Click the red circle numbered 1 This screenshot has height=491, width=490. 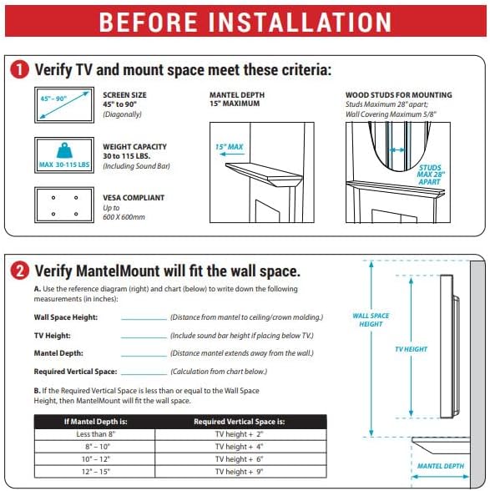19,69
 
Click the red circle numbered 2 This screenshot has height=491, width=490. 19,271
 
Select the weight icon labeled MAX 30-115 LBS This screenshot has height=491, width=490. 62,155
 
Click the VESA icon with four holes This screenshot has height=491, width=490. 62,205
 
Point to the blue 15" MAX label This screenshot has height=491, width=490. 228,147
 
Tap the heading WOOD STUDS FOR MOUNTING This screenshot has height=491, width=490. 398,95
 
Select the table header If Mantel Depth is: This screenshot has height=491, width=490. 94,422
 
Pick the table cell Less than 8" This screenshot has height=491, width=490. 94,434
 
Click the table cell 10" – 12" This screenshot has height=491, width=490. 94,460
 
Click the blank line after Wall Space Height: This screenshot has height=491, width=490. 144,318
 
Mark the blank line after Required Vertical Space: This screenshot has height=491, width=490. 144,372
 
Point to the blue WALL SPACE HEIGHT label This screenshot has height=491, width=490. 371,320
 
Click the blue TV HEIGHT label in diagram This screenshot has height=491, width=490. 411,350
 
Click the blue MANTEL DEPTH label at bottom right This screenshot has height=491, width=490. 441,466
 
